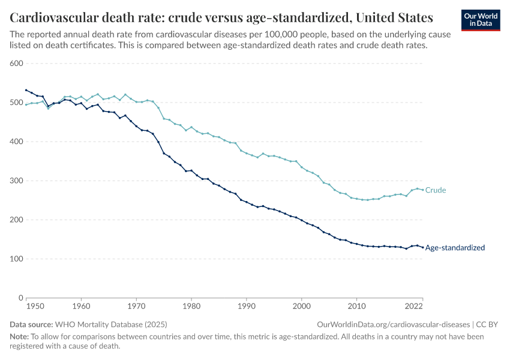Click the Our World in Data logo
[x=480, y=20]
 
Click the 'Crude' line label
[x=436, y=190]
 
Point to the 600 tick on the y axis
[x=16, y=64]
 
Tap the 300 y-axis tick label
[x=16, y=181]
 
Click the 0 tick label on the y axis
[x=20, y=298]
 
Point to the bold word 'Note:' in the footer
[x=20, y=337]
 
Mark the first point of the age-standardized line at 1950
[x=26, y=90]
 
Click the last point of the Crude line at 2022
[x=423, y=190]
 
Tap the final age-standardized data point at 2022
[x=423, y=247]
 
